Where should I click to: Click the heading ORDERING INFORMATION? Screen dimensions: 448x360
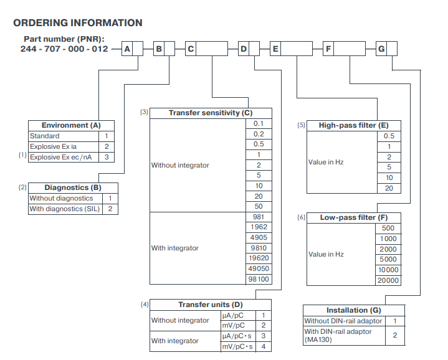coord(78,23)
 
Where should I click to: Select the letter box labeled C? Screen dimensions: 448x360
coord(191,49)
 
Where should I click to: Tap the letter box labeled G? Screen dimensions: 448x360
coord(381,49)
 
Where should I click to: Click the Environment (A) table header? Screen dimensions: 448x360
coord(71,125)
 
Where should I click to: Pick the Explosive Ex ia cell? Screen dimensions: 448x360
coord(64,146)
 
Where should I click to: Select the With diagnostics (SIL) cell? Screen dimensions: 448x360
coord(65,209)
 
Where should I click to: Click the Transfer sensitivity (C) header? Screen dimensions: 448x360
coord(211,113)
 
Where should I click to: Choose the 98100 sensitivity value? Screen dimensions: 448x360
coord(259,279)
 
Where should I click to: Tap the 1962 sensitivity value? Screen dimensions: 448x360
coord(259,227)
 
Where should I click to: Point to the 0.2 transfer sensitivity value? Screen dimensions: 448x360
coord(259,134)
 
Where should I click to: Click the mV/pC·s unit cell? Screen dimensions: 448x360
coord(238,346)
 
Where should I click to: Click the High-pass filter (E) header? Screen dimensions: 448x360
coord(354,126)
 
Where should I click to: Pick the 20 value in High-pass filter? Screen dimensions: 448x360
coord(389,188)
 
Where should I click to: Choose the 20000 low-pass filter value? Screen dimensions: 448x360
coord(388,280)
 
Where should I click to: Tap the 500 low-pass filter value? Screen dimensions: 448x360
coord(388,228)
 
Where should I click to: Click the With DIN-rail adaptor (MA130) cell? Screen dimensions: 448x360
coord(344,336)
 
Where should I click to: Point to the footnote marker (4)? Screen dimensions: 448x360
coord(145,305)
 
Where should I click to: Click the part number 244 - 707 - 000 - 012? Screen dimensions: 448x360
coord(64,49)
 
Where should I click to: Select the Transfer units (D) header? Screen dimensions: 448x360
coord(211,305)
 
